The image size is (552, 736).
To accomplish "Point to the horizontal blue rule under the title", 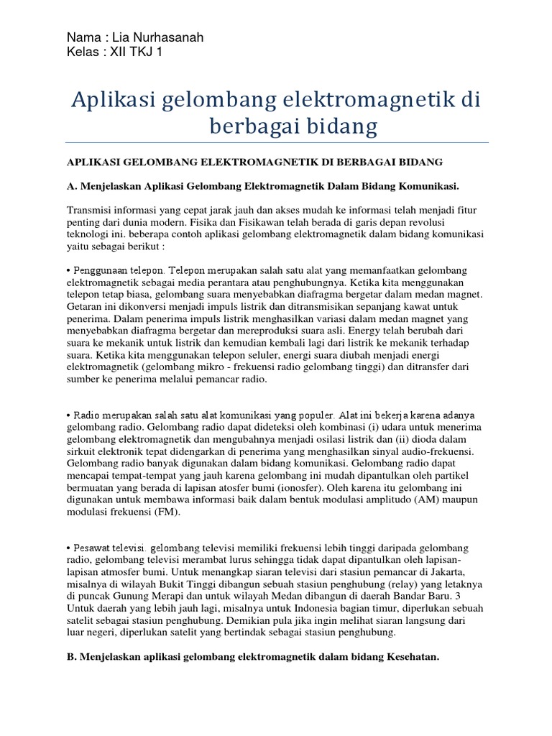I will [x=276, y=142].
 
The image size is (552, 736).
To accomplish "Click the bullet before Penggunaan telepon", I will [x=69, y=270].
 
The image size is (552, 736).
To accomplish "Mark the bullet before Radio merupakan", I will [x=69, y=416].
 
